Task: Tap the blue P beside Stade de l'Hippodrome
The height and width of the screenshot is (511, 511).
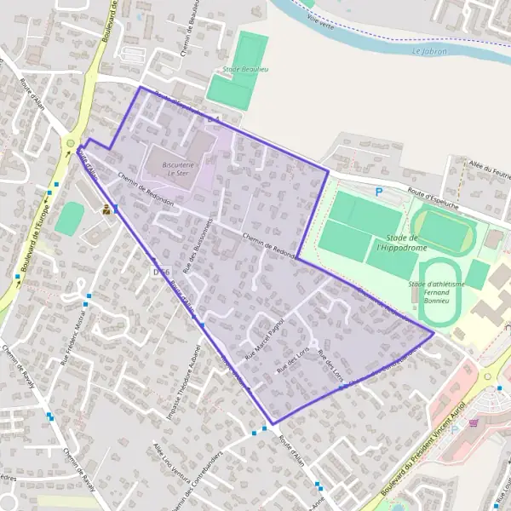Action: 379,192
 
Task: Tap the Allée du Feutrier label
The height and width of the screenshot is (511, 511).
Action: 489,168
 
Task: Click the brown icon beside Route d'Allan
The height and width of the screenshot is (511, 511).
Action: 106,210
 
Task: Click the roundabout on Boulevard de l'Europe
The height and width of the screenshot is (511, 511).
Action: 69,144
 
